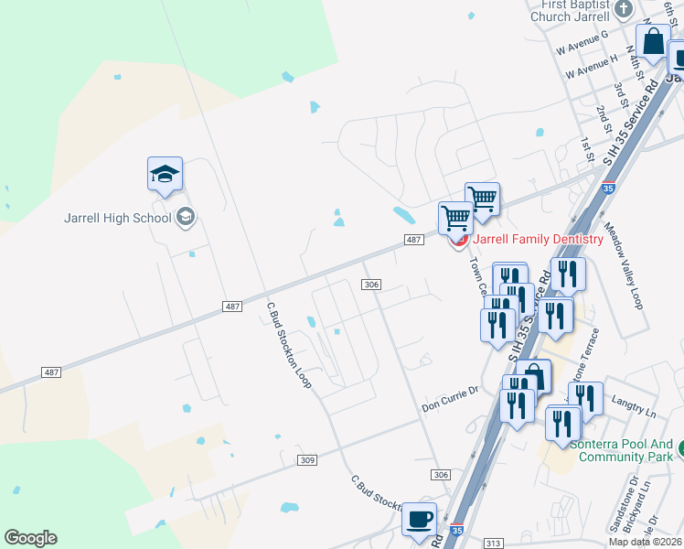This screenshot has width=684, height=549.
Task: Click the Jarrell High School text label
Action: [x=117, y=218]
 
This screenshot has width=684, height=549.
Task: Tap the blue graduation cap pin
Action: [x=166, y=174]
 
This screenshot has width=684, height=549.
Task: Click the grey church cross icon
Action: [x=624, y=9]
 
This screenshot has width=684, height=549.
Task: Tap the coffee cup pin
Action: [x=420, y=519]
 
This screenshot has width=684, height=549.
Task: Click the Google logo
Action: [x=30, y=538]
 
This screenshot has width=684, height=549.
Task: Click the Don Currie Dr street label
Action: [x=450, y=392]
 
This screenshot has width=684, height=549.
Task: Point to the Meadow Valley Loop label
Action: [x=623, y=265]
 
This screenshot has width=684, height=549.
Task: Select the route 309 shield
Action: [x=307, y=459]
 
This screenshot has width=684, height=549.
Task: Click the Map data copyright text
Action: [x=646, y=542]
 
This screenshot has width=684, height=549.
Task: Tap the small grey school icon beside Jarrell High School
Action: [x=186, y=217]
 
